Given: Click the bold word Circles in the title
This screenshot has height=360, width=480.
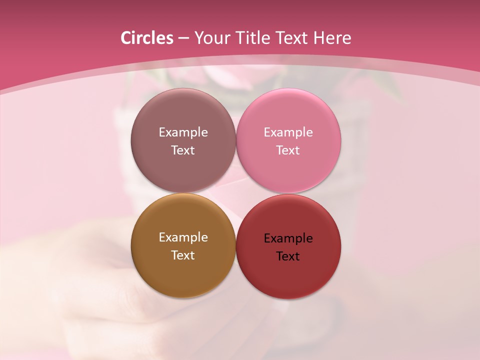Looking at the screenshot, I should (146, 38).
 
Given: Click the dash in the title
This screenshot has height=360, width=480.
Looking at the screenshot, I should (183, 38).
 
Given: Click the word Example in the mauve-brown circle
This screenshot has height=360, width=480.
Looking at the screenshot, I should (183, 132).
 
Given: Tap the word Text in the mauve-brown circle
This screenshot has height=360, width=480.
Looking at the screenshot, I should (183, 150).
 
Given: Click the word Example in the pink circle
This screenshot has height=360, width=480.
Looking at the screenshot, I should (288, 132).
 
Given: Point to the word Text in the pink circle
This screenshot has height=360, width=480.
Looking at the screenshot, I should (288, 150).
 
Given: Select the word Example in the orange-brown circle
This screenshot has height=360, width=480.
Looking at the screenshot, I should (183, 237).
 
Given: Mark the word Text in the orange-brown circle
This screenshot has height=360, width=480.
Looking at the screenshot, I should (183, 255).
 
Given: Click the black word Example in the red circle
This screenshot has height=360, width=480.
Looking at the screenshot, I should (288, 238).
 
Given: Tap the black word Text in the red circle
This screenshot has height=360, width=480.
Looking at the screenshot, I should (288, 256).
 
